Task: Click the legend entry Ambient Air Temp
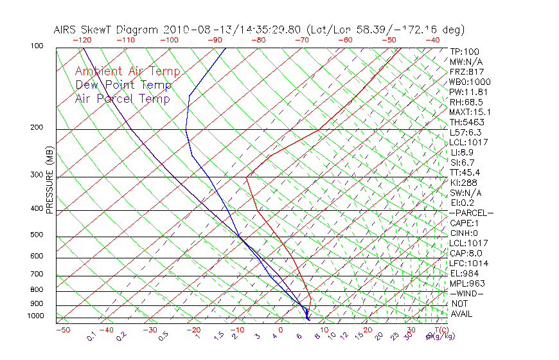(x=127, y=71)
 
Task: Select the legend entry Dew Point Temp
(x=123, y=85)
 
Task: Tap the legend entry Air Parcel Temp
(x=122, y=98)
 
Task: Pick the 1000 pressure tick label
(x=36, y=316)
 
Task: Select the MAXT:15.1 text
(x=470, y=112)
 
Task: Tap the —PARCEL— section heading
(x=471, y=213)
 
